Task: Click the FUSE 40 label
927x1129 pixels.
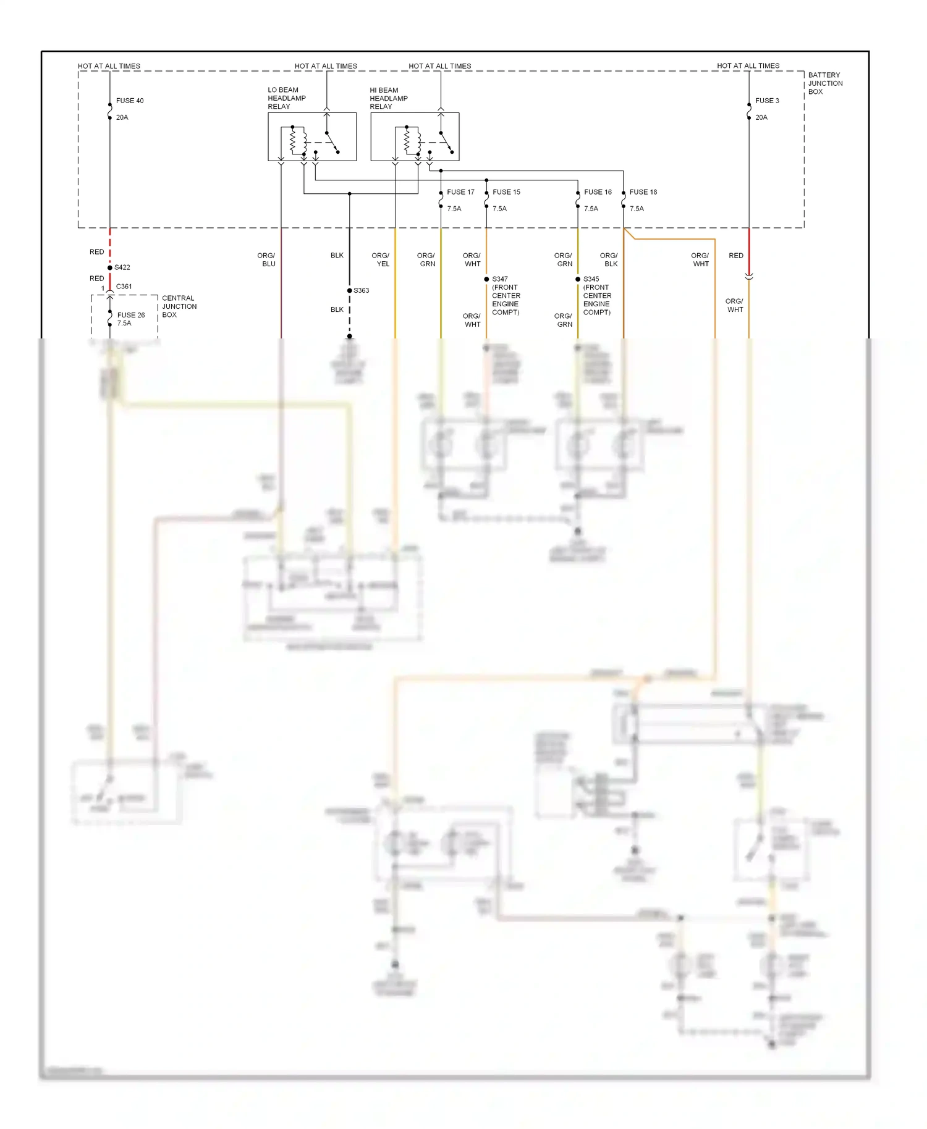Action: [x=130, y=101]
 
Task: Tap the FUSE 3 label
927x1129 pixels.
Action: [x=767, y=101]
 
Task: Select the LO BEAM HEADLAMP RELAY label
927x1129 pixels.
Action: [x=286, y=98]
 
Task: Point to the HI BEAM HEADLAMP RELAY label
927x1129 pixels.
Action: [x=388, y=98]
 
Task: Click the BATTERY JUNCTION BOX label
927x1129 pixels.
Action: [x=825, y=83]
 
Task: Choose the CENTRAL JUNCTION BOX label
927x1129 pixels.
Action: [x=179, y=306]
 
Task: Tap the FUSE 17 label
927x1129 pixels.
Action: [x=460, y=192]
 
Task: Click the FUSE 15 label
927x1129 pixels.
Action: [x=506, y=192]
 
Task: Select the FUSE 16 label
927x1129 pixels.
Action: [x=598, y=192]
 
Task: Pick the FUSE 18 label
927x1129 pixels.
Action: [x=643, y=192]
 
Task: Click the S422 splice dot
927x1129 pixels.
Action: [x=110, y=267]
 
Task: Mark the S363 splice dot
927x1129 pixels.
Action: [x=349, y=290]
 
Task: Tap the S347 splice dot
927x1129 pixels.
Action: [x=486, y=279]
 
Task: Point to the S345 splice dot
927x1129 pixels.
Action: [x=578, y=279]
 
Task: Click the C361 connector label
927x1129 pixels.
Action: [x=124, y=287]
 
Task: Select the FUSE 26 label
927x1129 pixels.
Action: [x=131, y=315]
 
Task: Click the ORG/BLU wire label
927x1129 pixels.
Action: [x=266, y=259]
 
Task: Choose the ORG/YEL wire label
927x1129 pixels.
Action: [x=381, y=259]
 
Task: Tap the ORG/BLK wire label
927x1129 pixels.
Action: [x=609, y=259]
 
